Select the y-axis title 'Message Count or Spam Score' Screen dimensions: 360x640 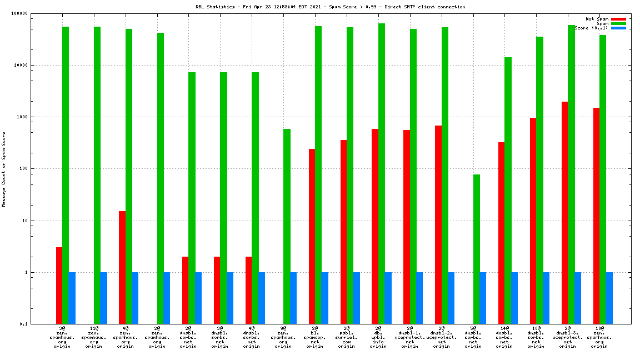[x=4, y=169]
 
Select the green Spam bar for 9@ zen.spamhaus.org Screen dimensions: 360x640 [x=287, y=226]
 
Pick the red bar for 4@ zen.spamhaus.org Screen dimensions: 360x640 [x=122, y=267]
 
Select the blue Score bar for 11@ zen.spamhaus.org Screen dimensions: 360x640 [x=103, y=298]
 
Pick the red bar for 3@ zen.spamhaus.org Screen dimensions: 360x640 [x=59, y=286]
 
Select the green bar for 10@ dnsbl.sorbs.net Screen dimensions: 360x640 [x=539, y=180]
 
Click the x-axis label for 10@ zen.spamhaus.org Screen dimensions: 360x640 [x=599, y=337]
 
